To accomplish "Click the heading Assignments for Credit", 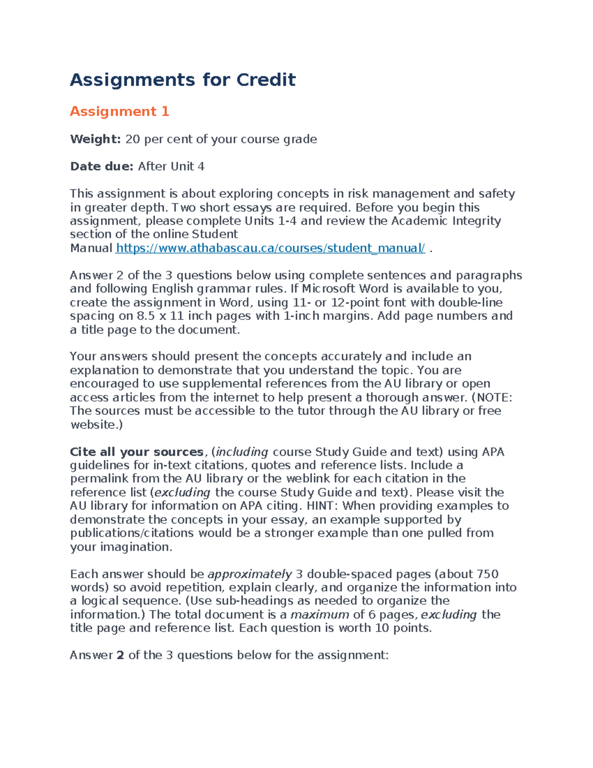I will tap(182, 80).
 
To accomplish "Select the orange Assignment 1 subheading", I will tap(119, 111).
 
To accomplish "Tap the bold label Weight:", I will tap(95, 139).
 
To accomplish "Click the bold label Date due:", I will tap(101, 167).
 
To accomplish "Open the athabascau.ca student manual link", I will tap(270, 248).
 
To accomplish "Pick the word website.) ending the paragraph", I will tap(96, 425).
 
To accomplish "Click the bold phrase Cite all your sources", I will tap(136, 452).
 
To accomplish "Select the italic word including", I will tap(242, 452).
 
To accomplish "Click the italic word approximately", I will tap(250, 574).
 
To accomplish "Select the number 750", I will tap(487, 574).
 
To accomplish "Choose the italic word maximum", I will tap(320, 615).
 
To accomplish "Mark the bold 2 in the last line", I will tap(120, 655).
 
